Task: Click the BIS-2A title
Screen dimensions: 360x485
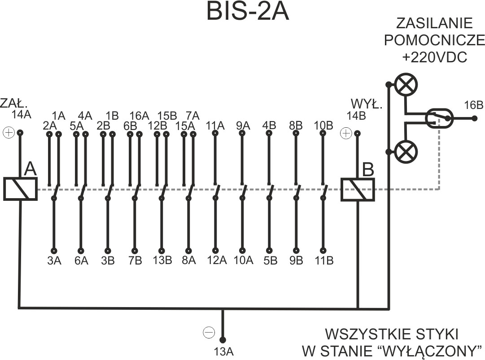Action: (247, 12)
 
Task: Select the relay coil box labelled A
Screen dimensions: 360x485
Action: (20, 189)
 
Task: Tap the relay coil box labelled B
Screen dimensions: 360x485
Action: (358, 189)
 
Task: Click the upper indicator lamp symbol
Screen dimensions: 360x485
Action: (406, 84)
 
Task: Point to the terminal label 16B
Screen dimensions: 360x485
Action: (473, 106)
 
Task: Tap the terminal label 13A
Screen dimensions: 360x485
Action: (223, 352)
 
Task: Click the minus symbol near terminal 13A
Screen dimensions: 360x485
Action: (209, 332)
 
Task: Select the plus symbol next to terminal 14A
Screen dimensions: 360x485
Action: (8, 133)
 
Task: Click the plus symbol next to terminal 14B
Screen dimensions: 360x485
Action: (345, 133)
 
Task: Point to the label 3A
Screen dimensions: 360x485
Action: (54, 261)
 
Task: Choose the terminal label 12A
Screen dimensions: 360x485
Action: (216, 261)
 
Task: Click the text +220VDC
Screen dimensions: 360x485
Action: (434, 57)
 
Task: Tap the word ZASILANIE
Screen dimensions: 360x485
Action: (434, 23)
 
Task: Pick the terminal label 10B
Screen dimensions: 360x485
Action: (323, 126)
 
